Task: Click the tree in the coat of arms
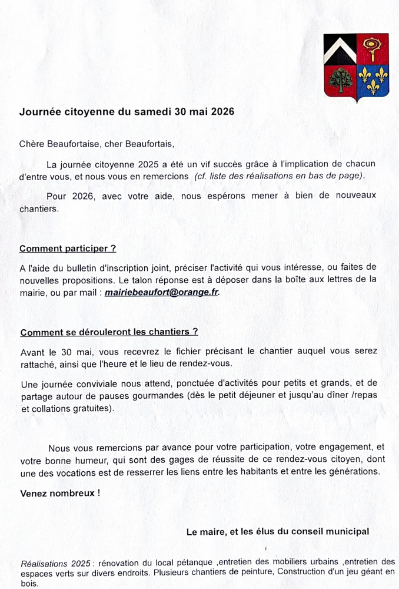[x=340, y=80]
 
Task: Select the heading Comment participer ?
[x=68, y=249]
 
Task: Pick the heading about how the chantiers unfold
[x=109, y=332]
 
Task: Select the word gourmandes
[x=155, y=396]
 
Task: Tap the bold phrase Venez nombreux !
[x=59, y=493]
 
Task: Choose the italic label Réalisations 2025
[x=55, y=562]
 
